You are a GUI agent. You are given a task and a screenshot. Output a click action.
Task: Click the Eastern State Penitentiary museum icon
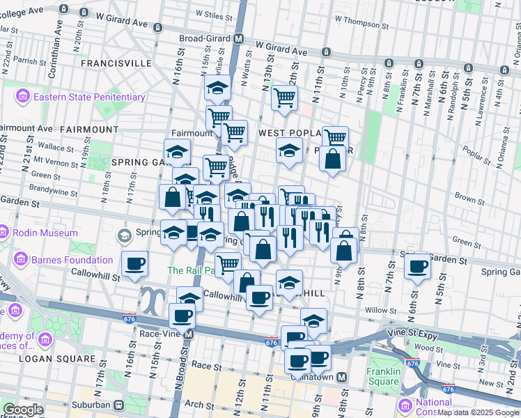22,97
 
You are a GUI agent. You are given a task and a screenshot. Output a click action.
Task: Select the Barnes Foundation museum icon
21,261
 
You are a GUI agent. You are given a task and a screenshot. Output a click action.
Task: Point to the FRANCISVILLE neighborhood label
116,63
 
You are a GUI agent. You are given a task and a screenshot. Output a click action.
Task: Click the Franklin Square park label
382,377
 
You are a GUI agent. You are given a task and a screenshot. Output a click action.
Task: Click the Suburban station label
89,404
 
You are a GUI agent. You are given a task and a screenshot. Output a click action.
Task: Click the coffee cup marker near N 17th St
135,264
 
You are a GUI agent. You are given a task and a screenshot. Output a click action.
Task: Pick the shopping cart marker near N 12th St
284,99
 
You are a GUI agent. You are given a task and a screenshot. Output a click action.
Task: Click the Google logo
24,410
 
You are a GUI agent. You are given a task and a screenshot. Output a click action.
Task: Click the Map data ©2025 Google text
477,412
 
